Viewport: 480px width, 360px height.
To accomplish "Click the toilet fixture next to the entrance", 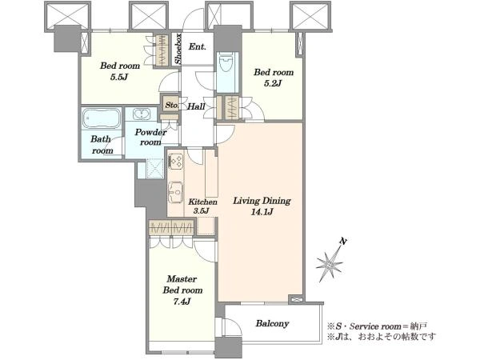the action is [x=227, y=62].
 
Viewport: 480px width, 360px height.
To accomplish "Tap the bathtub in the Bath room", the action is [x=102, y=118].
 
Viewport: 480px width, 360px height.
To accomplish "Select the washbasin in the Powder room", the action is [x=142, y=114].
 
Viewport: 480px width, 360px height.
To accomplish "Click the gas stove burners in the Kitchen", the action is [x=175, y=161].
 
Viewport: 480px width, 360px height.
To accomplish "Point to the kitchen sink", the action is [x=175, y=192].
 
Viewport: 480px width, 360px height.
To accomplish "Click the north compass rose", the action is [x=330, y=262].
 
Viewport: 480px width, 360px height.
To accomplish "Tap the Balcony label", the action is [x=272, y=323].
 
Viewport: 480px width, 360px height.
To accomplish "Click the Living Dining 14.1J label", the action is [x=262, y=206].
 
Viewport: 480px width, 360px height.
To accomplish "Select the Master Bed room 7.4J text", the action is [x=182, y=290].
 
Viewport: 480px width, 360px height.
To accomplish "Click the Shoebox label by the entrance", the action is [x=178, y=49].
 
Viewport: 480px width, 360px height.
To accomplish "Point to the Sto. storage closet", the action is [x=171, y=106].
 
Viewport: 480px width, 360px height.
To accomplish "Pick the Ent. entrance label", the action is [x=197, y=47].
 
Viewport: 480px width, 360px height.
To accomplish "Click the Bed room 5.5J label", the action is [x=120, y=71].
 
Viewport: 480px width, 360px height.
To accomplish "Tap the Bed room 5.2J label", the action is [x=274, y=78].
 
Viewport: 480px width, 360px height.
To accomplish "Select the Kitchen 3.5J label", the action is [x=202, y=206].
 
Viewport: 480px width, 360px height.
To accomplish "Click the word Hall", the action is [x=196, y=106].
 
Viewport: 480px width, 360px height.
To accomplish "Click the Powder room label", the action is [x=150, y=137].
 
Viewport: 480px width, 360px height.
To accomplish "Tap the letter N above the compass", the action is [x=343, y=242].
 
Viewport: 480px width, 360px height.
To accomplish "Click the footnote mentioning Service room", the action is [x=377, y=326].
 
